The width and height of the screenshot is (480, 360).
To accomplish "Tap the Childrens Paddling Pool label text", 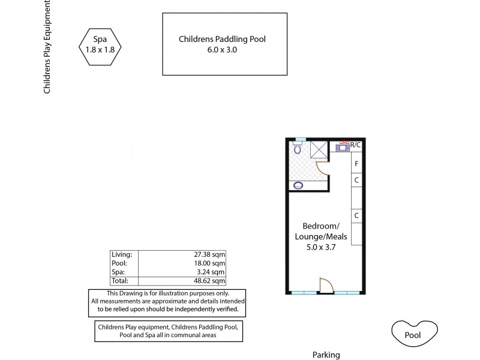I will click(222, 40).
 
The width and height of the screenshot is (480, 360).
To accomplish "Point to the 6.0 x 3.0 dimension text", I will click(222, 50).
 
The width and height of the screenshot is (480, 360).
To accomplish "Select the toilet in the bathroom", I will click(298, 148).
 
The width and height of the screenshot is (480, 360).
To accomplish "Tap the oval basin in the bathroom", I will click(298, 185).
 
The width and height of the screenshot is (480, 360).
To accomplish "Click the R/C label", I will click(356, 145).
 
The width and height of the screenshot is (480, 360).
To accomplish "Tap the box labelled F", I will click(356, 163).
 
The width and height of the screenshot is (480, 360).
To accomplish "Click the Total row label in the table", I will click(121, 280).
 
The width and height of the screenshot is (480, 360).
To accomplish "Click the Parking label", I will click(326, 355).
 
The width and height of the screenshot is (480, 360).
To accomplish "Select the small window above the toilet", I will click(301, 139).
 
